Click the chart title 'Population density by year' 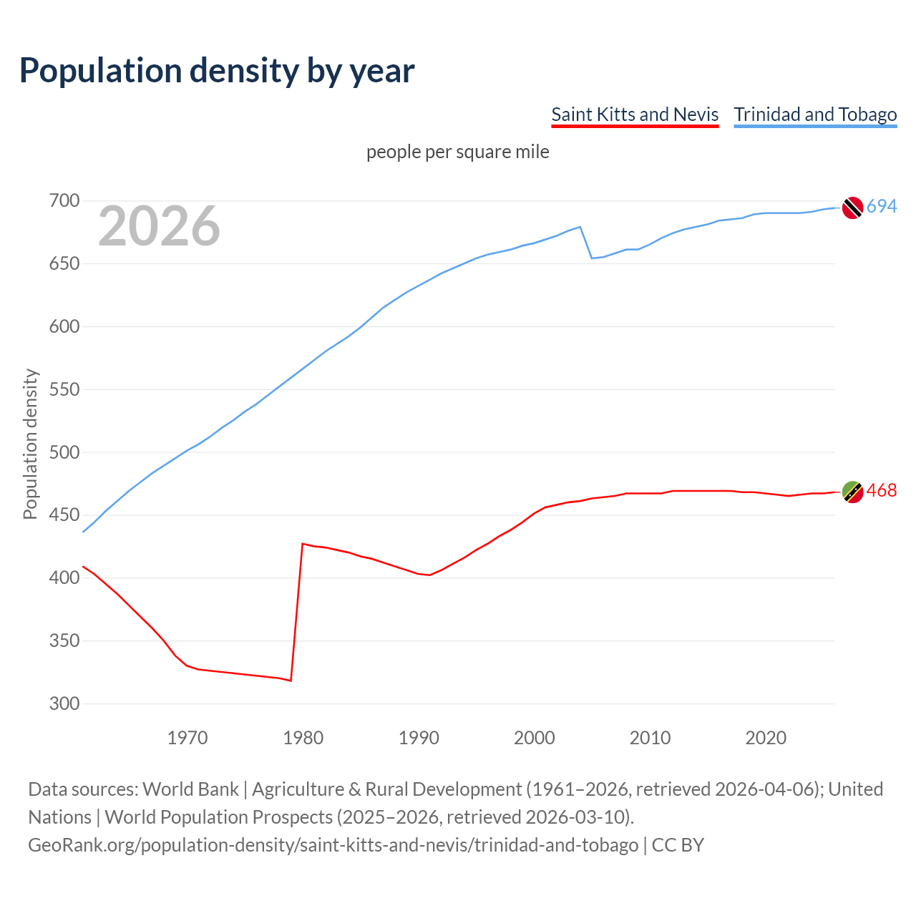(x=217, y=71)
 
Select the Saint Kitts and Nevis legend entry (x=635, y=114)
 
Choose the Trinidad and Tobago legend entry (x=815, y=114)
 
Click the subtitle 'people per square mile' (x=457, y=152)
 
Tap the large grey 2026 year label (x=159, y=226)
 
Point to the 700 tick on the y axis (x=64, y=201)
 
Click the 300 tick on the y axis (x=64, y=703)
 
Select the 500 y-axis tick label (x=64, y=452)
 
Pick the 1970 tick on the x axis (x=187, y=737)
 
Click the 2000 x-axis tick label (x=535, y=737)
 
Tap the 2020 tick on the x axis (x=766, y=737)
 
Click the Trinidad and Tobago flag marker (x=852, y=208)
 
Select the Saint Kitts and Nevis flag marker (x=852, y=492)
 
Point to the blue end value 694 (x=882, y=207)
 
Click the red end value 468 (x=882, y=491)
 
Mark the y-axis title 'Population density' (x=30, y=444)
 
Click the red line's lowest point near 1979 (x=291, y=681)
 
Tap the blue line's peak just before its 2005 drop (x=580, y=227)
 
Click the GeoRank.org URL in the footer (x=333, y=845)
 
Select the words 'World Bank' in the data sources (x=190, y=789)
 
